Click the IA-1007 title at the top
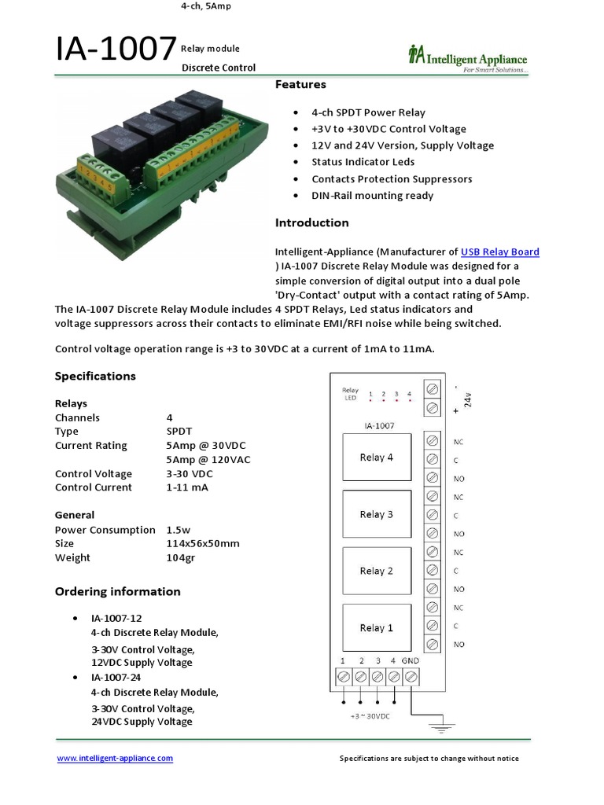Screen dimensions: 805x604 point(116,50)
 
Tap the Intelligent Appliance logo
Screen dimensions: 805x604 point(467,58)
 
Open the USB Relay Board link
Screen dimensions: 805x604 point(499,252)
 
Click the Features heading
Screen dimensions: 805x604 point(300,84)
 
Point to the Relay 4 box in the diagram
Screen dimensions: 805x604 point(376,457)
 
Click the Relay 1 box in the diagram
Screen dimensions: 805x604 point(376,627)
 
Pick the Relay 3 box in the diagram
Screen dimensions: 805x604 point(376,514)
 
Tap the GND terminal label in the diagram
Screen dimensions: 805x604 point(411,661)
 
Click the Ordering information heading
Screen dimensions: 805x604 point(117,592)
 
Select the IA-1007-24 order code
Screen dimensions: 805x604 point(116,678)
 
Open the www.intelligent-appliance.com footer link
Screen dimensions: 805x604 point(115,759)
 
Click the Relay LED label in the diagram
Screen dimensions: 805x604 point(350,394)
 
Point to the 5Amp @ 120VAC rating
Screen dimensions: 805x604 point(208,460)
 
